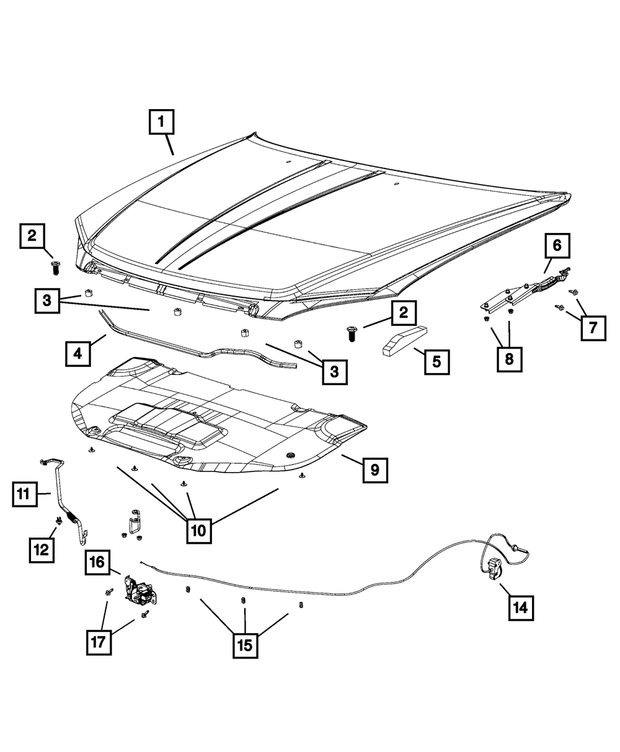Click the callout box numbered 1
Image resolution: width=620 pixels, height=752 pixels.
pos(161,122)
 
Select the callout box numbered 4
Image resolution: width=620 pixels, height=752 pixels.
pos(77,354)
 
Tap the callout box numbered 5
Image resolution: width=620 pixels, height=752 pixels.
pos(437,361)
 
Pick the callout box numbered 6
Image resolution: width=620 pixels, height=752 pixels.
pos(557,245)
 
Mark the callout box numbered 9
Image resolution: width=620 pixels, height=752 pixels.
pos(375,470)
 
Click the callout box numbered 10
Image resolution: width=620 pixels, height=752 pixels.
pos(199,530)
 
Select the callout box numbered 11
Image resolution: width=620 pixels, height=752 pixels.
pos(23,494)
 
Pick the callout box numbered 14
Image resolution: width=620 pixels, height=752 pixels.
pos(521,608)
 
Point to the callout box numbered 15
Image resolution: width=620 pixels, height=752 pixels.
pos(244,645)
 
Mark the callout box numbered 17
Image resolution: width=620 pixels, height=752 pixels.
pos(99,642)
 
